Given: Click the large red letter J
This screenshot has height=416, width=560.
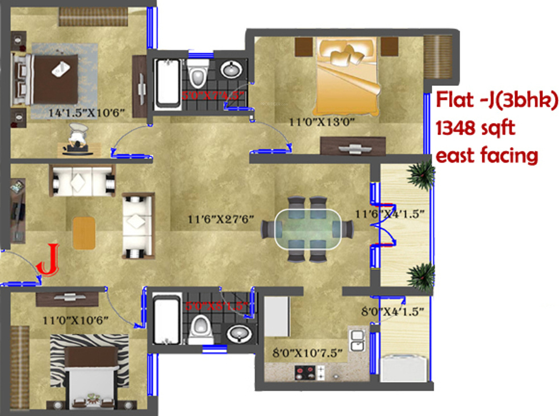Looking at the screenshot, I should point(49,260).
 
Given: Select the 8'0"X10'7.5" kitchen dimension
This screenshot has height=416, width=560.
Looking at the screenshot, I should point(307,353).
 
